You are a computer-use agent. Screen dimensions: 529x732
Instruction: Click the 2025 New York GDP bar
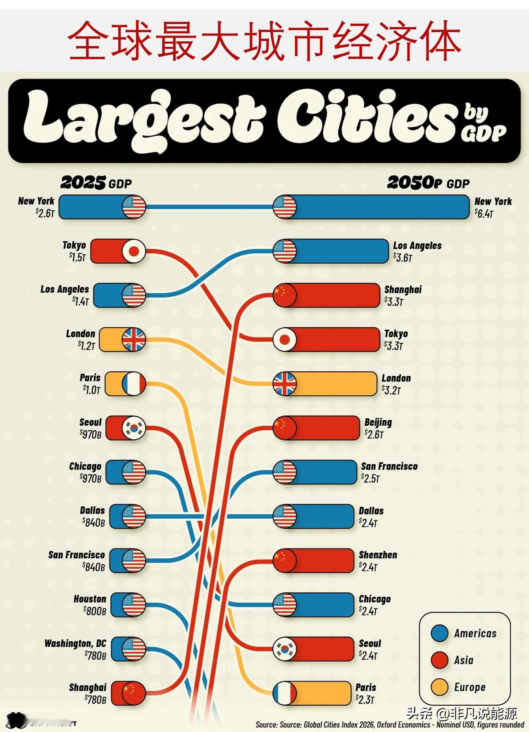[102, 207]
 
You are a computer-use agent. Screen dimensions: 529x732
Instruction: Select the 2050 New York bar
[371, 207]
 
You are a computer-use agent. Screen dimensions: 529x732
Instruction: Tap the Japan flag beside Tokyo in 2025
[134, 251]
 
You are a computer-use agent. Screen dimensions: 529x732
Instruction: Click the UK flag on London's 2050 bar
[285, 384]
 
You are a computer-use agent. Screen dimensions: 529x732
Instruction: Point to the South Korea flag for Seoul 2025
[134, 428]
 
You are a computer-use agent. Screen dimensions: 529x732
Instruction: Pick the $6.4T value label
[484, 213]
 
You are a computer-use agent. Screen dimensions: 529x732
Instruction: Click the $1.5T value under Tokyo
[77, 257]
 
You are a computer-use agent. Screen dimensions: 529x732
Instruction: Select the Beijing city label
[378, 422]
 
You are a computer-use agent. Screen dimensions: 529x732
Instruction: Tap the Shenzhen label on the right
[378, 555]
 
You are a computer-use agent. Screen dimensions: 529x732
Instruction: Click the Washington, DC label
[75, 644]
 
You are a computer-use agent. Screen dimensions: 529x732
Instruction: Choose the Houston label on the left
[90, 599]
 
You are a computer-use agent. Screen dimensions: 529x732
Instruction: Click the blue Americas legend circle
[439, 633]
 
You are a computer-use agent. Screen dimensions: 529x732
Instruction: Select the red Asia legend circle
[439, 660]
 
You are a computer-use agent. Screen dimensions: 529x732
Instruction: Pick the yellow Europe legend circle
[439, 687]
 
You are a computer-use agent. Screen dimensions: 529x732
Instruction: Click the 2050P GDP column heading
[428, 183]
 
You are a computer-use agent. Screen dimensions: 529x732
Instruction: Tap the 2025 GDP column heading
[96, 183]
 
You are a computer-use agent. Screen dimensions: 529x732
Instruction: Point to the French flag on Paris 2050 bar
[285, 693]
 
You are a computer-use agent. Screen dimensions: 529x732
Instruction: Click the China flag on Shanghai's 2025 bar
[134, 693]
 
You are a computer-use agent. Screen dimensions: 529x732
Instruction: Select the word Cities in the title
[366, 117]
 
